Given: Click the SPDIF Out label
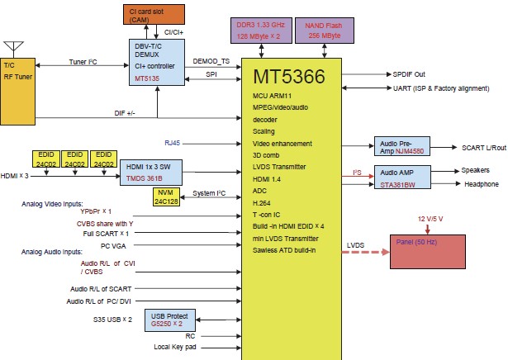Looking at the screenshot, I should tap(410, 73).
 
